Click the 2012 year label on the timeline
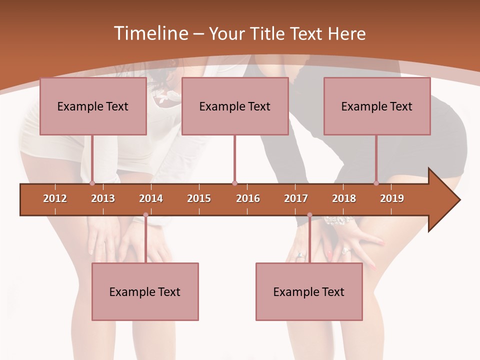(x=55, y=198)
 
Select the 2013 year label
(x=103, y=198)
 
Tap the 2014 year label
(x=151, y=198)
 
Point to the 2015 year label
(x=199, y=198)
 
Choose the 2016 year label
(x=248, y=198)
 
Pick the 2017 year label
(x=296, y=198)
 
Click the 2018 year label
(x=344, y=198)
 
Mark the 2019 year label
(x=392, y=198)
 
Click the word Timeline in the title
(x=150, y=33)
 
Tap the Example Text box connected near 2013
(x=93, y=106)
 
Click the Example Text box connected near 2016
(x=235, y=106)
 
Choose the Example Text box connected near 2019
(x=377, y=106)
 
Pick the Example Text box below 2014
(x=145, y=291)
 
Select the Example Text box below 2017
(x=309, y=291)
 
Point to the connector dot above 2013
(x=92, y=183)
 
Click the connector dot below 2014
(x=145, y=215)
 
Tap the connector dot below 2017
(x=309, y=215)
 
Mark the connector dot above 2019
(x=376, y=183)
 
